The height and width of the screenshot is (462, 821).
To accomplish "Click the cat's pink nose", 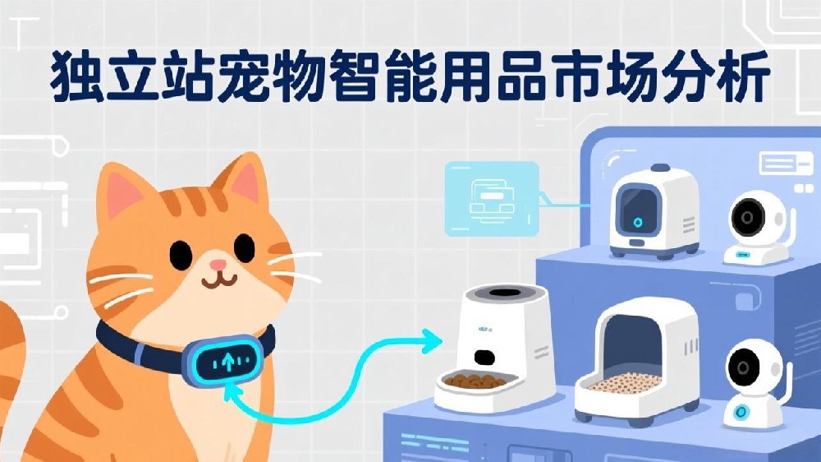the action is click(218, 264).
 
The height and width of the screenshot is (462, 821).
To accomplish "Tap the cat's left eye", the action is click(181, 254).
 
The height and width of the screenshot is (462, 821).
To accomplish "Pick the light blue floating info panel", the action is click(492, 199).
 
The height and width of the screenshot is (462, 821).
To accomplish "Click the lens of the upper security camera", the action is click(748, 217).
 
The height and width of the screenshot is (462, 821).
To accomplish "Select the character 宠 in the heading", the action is click(245, 75).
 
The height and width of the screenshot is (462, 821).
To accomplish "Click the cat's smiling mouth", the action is click(219, 281).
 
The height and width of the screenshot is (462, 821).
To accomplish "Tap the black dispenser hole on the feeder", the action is click(484, 357).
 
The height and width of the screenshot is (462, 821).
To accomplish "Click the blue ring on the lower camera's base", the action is click(740, 412).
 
